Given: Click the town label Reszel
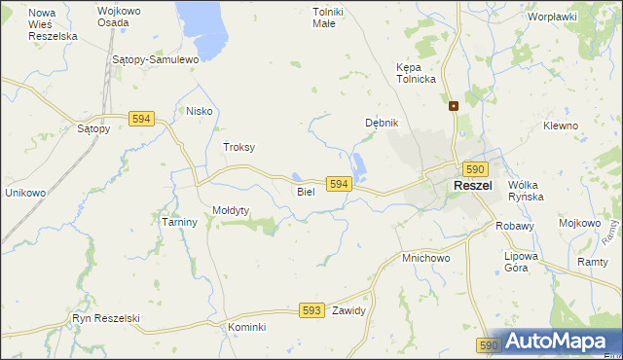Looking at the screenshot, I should pos(472,186).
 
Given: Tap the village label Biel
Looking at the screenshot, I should pos(306,192).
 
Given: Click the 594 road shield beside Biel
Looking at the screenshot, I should pos(338,184).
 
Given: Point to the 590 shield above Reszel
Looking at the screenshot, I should pos(474,169).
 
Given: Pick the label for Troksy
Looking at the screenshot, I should pos(238,147).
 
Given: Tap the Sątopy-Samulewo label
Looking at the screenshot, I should pos(156,59).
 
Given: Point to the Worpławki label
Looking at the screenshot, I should pos(552,17).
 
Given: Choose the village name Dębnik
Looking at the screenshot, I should pos(382,124).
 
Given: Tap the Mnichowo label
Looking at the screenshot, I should pos(425,259).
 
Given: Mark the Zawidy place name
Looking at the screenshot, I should pos(348,311).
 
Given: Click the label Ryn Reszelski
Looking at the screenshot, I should pos(106,318).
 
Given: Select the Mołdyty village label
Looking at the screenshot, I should pos(232,210).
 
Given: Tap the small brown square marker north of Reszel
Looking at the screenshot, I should pos(454,106).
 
